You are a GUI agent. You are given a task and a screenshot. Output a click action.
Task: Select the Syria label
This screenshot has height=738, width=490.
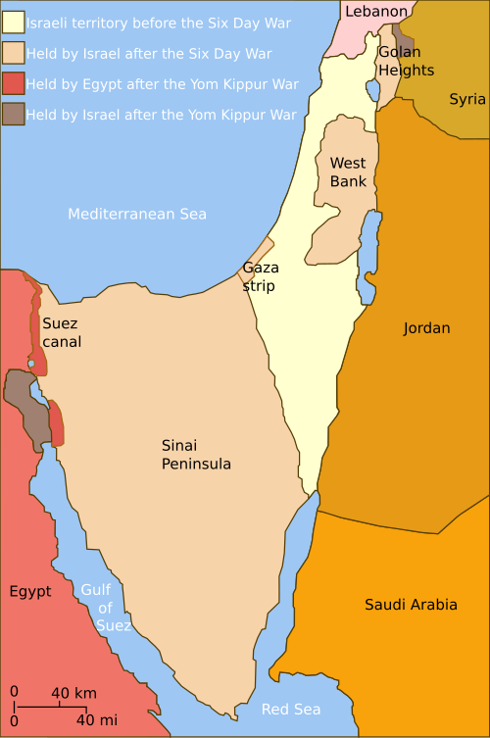click(x=467, y=99)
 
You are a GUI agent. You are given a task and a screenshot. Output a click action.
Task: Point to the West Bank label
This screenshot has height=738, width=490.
click(x=348, y=172)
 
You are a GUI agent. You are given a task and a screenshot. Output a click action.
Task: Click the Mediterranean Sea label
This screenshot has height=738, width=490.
click(x=137, y=214)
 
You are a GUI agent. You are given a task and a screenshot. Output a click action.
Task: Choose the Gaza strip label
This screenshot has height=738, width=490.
click(x=260, y=276)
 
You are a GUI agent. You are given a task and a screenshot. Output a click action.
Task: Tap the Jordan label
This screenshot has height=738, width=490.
click(x=426, y=328)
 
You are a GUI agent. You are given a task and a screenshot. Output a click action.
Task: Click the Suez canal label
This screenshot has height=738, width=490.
click(x=61, y=332)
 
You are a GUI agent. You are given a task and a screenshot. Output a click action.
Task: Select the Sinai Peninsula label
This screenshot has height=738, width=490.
click(x=196, y=454)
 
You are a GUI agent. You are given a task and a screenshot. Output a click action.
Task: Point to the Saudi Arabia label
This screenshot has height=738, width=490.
click(x=411, y=605)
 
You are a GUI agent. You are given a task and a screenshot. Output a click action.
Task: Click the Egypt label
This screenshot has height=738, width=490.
click(x=30, y=591)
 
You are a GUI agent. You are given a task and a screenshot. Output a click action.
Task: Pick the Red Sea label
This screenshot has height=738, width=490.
click(x=291, y=709)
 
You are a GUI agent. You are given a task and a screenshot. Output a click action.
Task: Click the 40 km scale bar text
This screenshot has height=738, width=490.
click(x=74, y=693)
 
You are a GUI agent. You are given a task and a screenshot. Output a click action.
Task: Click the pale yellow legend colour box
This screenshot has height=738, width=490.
click(x=14, y=23)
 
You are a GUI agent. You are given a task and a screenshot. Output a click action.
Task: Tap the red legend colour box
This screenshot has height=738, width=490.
click(x=14, y=83)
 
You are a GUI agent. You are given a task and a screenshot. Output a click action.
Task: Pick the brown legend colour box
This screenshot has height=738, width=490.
click(x=14, y=115)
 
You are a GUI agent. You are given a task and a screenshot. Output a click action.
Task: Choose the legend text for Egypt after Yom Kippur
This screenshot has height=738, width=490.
click(x=163, y=84)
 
